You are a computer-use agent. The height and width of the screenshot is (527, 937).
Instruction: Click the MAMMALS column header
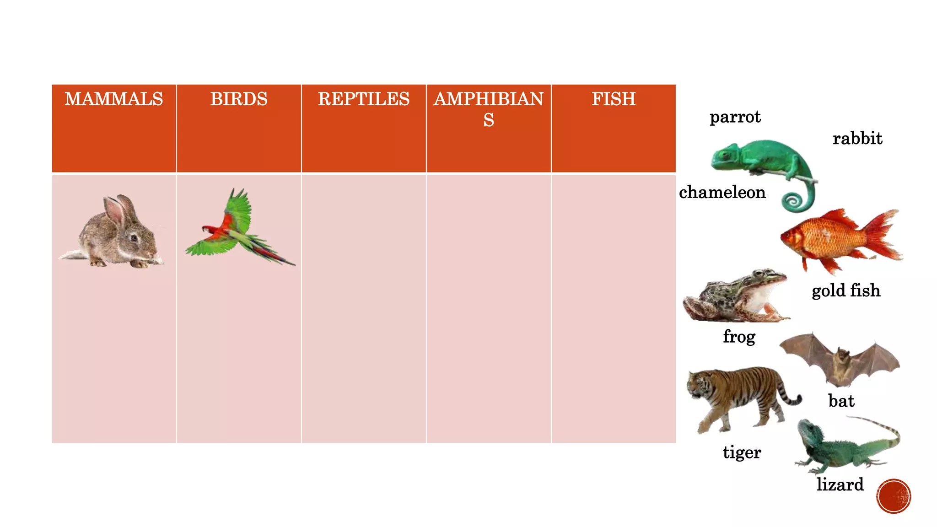coord(113,99)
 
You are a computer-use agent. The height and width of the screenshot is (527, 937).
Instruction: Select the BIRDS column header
coord(239,99)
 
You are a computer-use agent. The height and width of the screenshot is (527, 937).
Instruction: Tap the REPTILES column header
coord(364,99)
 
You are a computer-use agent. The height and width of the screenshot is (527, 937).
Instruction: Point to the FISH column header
coord(614,99)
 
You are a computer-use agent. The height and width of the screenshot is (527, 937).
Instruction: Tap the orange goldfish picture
coord(837,240)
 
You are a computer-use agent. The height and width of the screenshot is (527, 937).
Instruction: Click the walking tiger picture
coord(739,396)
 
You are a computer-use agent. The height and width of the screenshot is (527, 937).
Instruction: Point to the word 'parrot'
coord(735,118)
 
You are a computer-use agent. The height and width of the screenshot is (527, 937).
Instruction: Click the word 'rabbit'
coord(857,138)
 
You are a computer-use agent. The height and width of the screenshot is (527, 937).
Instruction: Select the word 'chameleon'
coord(722,192)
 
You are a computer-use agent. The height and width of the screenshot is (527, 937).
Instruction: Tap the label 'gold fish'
coord(846,290)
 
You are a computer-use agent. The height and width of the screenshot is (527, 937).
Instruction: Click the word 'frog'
coord(739,337)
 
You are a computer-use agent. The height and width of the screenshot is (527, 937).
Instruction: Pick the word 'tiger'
coord(742,452)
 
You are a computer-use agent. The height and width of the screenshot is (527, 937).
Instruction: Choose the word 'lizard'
coord(840,484)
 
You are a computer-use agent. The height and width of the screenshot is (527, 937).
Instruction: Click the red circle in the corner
coord(894,496)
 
